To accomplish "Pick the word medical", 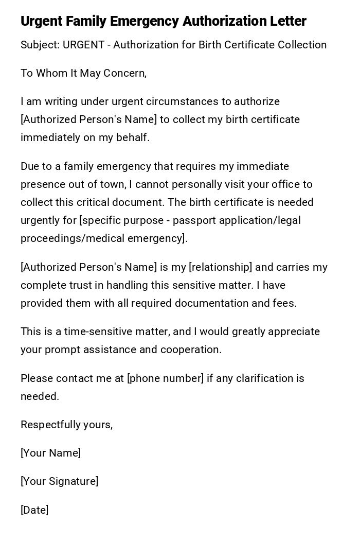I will click(x=99, y=238).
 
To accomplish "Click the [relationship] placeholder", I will click(x=221, y=267).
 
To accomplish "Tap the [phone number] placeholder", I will click(x=166, y=378).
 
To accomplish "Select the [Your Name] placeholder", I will click(x=50, y=453).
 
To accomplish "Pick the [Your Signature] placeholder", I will click(x=59, y=481).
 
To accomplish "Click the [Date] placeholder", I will click(x=34, y=510).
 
